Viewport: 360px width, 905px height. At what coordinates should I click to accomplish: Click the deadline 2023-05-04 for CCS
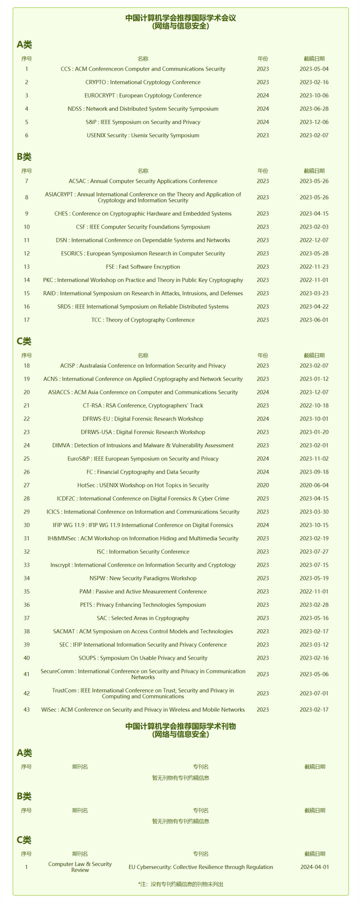click(314, 69)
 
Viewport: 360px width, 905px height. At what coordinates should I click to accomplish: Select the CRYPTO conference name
click(143, 82)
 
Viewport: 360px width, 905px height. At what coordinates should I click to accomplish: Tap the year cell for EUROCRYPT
click(263, 95)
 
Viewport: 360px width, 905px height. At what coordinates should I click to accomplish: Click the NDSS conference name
click(143, 109)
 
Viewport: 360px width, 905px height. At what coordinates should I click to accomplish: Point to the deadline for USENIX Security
click(314, 135)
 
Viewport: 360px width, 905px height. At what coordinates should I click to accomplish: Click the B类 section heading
click(24, 157)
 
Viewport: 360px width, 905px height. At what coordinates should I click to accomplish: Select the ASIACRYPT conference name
click(143, 197)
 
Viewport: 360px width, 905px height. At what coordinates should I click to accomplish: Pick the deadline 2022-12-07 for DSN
click(314, 240)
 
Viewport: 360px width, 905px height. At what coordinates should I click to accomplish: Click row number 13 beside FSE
click(26, 266)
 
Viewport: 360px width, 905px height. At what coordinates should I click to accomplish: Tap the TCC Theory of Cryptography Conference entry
click(143, 320)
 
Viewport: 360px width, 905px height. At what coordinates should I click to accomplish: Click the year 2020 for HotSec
click(263, 485)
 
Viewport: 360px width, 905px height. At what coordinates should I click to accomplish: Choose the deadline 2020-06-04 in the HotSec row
click(314, 485)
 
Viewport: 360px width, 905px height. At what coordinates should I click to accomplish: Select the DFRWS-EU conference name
click(143, 419)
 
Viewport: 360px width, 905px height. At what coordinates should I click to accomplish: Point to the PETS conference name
click(143, 605)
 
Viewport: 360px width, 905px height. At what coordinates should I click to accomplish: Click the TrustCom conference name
click(143, 693)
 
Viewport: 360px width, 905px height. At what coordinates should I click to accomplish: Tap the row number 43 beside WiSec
click(26, 709)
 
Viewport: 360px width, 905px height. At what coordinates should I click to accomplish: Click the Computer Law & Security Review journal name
click(80, 867)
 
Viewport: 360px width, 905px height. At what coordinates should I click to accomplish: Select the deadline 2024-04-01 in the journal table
click(314, 867)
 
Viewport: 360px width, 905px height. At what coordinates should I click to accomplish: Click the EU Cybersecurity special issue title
click(200, 867)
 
